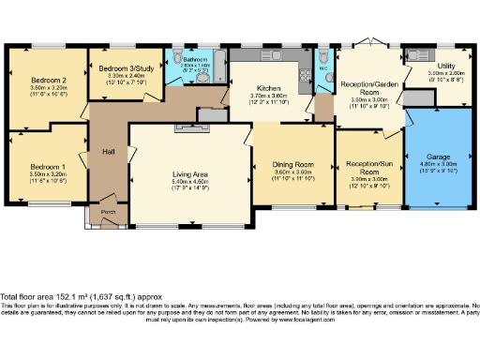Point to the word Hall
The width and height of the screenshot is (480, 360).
[108, 152]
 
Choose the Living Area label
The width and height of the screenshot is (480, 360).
[188, 174]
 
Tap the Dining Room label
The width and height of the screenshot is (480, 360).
[292, 165]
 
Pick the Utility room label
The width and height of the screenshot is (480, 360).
[433, 66]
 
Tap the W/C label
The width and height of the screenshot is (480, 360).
[323, 67]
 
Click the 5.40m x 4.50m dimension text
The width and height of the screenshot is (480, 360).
[188, 182]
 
